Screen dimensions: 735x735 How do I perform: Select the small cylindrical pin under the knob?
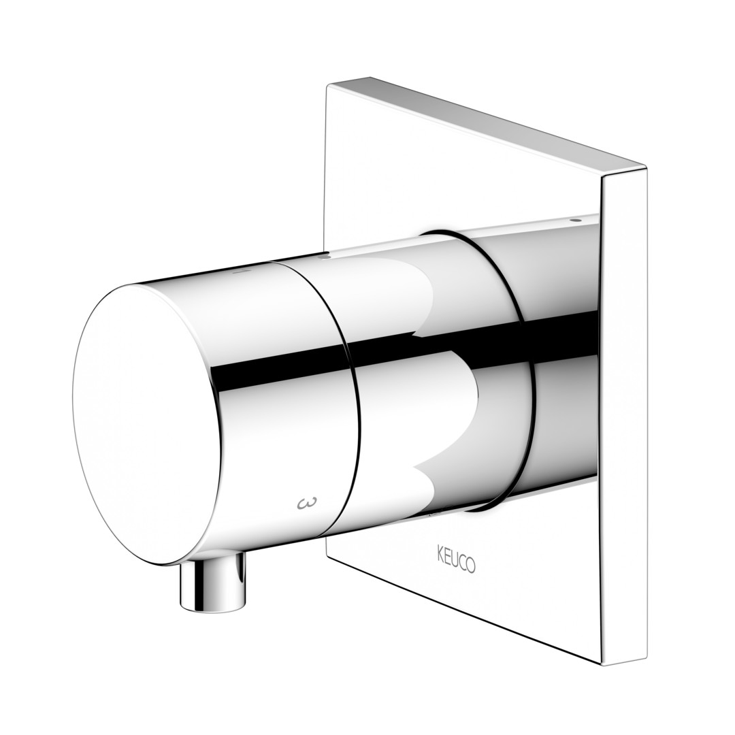click(x=213, y=581)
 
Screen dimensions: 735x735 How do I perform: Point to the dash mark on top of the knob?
click(x=240, y=271)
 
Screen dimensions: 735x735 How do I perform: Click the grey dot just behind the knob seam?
click(x=322, y=257)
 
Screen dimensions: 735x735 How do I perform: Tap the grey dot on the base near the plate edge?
click(x=576, y=219)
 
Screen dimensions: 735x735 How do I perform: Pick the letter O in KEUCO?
click(x=471, y=566)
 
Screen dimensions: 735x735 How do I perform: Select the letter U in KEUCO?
click(x=455, y=560)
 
